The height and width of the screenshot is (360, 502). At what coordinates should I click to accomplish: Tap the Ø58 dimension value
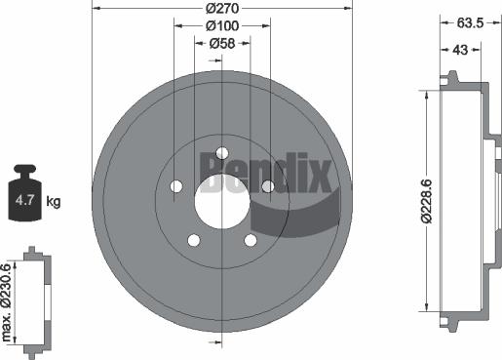coord(222,42)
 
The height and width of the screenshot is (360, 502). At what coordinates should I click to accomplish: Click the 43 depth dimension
coord(460,49)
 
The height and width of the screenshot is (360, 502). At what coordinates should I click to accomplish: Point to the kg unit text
coord(54,202)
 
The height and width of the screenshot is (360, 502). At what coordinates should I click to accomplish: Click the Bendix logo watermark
coord(268,174)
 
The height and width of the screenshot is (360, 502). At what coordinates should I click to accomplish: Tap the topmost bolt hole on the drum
coord(222,152)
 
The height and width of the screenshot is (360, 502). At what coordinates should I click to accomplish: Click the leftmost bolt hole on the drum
coord(176,186)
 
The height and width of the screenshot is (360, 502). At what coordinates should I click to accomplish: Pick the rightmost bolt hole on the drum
coord(268,186)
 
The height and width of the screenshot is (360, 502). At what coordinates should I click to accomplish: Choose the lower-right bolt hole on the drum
coord(251,239)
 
